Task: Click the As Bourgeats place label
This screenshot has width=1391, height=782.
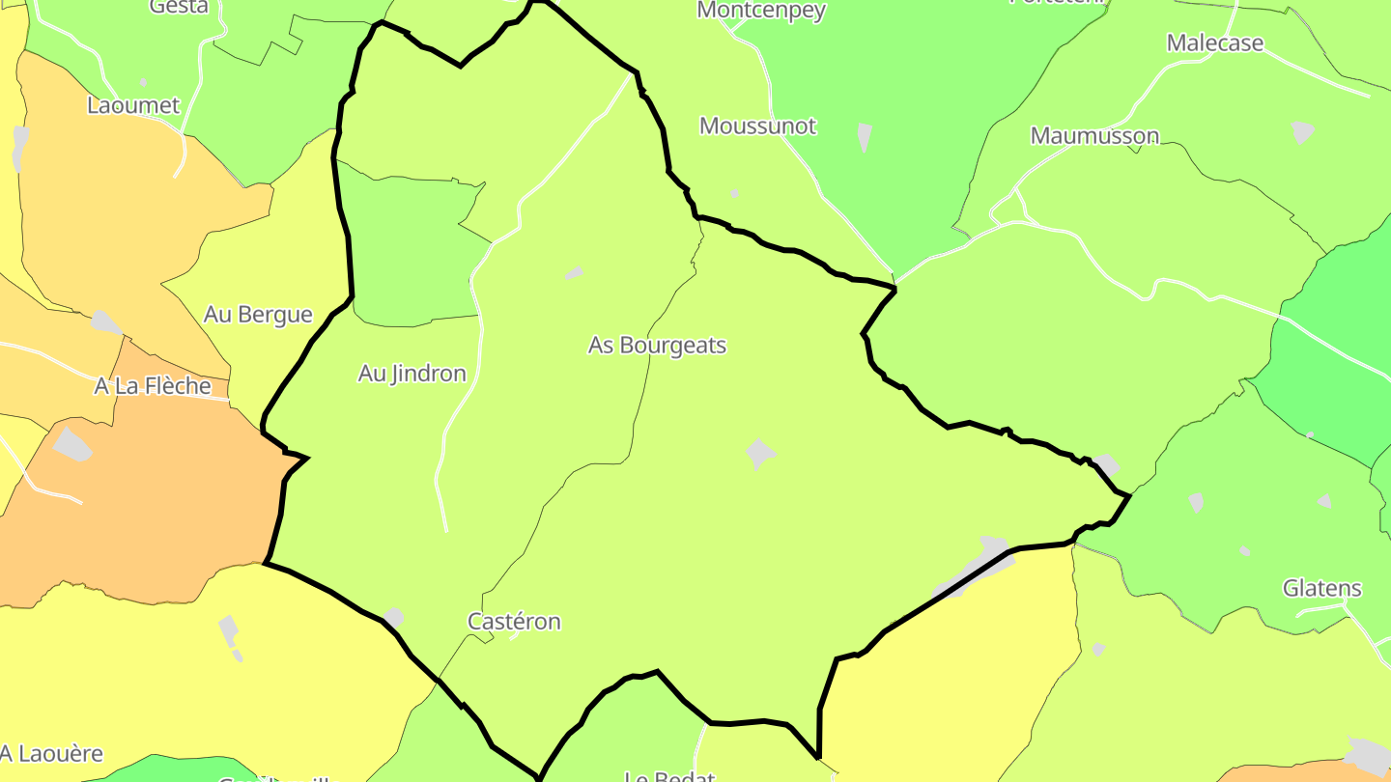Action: (657, 345)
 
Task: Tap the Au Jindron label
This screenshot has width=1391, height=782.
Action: (412, 373)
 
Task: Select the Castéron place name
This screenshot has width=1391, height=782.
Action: (514, 621)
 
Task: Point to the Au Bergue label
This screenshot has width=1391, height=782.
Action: (258, 314)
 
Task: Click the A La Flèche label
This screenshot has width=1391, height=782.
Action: (153, 385)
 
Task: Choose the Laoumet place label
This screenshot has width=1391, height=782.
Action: (133, 105)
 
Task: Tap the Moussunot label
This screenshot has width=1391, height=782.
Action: (757, 126)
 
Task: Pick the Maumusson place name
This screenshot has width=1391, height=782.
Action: (1094, 135)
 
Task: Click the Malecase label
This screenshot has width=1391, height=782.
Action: (1214, 42)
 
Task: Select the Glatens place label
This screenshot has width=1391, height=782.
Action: (1321, 588)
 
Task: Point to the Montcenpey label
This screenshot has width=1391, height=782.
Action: (761, 11)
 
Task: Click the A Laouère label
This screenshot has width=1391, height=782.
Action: (51, 753)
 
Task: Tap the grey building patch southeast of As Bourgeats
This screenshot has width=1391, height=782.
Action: (760, 452)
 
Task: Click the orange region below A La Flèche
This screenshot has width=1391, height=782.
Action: (145, 512)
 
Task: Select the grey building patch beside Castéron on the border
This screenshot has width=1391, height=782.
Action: (393, 618)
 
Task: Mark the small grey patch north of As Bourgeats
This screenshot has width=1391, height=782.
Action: (575, 273)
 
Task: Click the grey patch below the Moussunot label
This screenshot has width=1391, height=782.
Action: (734, 193)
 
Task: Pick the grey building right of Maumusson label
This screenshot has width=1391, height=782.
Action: (1303, 130)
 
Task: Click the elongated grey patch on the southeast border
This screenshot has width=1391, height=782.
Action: (976, 568)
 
